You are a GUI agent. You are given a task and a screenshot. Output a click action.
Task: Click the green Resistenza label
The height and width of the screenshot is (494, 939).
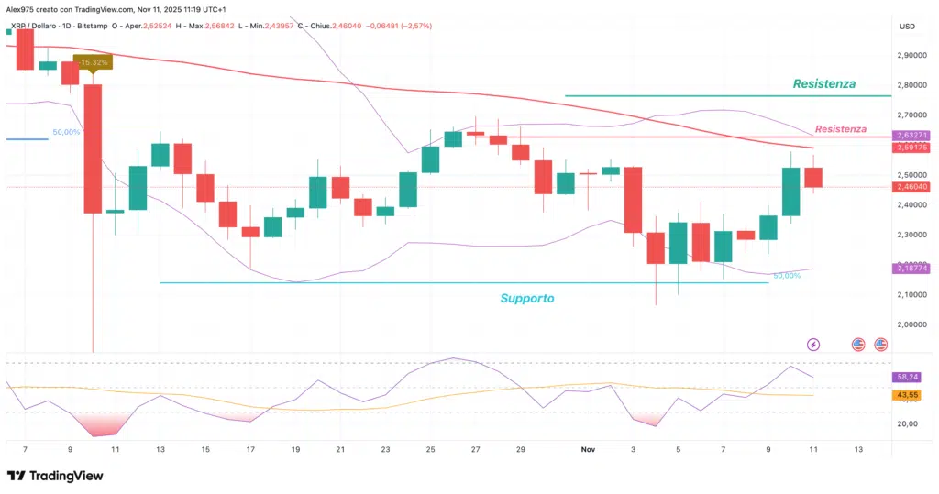pos(823,83)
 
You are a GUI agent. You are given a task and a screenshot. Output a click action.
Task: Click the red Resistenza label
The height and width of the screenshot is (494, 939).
pos(840,129)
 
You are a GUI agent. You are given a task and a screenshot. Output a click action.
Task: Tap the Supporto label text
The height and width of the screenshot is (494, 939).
pos(526,298)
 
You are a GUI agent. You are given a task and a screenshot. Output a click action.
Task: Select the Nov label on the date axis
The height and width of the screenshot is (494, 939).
pos(589,450)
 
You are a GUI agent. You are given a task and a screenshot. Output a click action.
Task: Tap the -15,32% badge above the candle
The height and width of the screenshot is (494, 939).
pos(94,62)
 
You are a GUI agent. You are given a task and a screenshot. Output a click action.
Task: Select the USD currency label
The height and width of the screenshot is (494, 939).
pos(909,26)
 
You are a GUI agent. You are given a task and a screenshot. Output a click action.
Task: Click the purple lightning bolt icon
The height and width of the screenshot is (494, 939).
pos(813,344)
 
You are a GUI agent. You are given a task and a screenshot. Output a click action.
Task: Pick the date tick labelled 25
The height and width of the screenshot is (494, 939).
pos(431,450)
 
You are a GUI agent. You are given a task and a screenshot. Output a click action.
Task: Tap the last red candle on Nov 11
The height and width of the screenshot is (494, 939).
pos(813,178)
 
